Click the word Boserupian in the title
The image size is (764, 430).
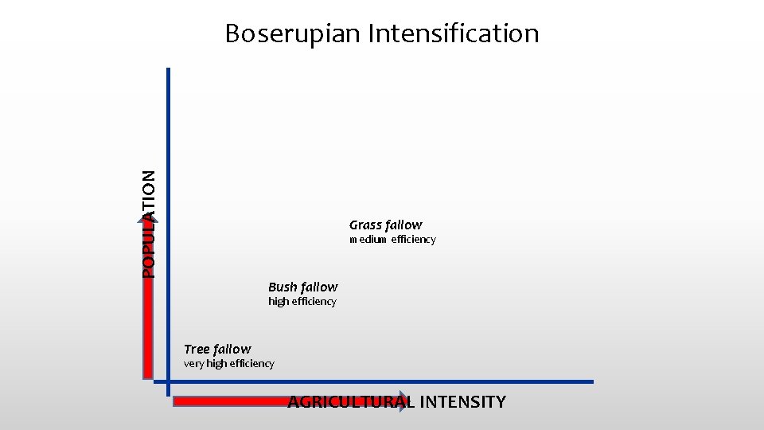[x=291, y=33]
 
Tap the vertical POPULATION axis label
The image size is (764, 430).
[x=149, y=225]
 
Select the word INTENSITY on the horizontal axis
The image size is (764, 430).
[x=462, y=402]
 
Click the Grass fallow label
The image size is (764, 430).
[x=385, y=225]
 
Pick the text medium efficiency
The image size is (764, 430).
[x=392, y=240]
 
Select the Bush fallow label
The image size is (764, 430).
[x=302, y=287]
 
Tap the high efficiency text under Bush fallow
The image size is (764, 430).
[x=302, y=302]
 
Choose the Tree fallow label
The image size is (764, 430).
[x=216, y=349]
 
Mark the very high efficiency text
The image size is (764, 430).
[x=228, y=364]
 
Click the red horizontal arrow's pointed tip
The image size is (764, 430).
[x=409, y=401]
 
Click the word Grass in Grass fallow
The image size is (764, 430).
[x=366, y=225]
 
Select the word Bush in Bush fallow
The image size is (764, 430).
[x=283, y=287]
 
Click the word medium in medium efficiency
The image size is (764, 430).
[x=368, y=240]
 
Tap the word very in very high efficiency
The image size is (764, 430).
[x=193, y=364]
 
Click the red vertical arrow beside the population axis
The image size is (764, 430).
[x=148, y=319]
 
